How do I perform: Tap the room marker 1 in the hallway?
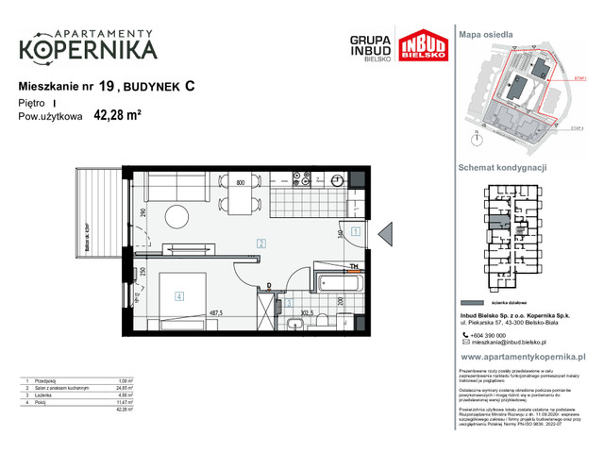tap(356, 230)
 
